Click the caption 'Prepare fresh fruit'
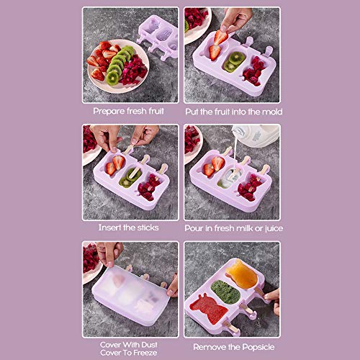[129, 111]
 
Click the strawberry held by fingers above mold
[220, 37]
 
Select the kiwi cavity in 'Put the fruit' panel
[233, 62]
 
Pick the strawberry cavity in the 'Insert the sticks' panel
[114, 166]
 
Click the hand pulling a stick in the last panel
[273, 297]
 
